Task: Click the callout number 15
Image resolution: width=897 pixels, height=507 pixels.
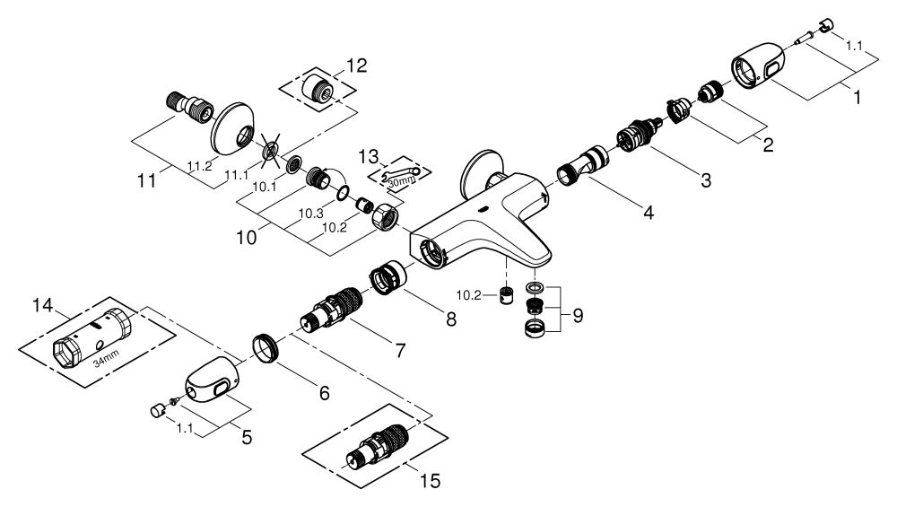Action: (430, 482)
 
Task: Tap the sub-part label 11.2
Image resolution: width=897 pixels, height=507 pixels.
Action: (199, 165)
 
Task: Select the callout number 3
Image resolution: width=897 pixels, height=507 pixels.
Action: (706, 179)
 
